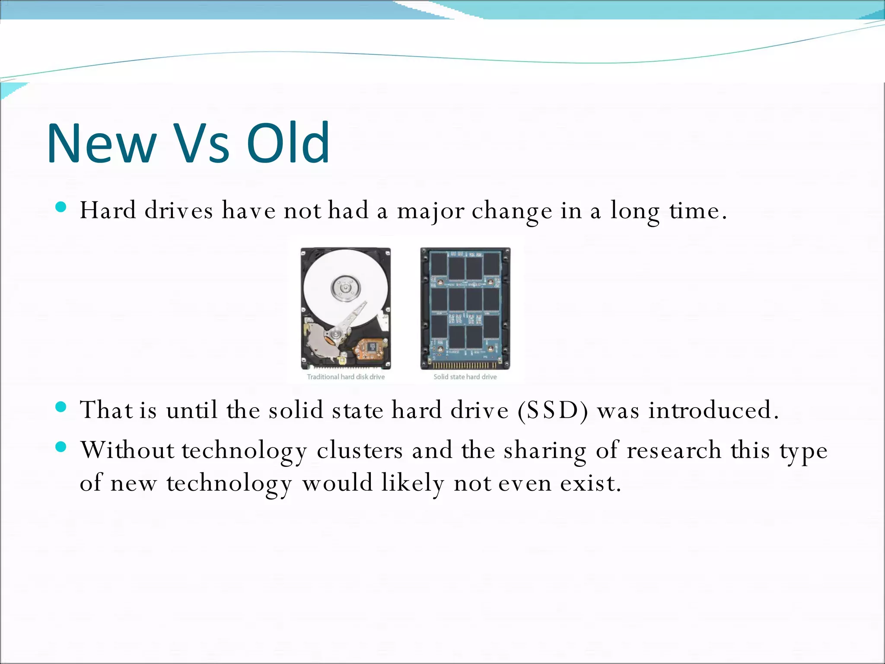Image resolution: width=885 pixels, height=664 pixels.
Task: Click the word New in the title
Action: click(x=102, y=144)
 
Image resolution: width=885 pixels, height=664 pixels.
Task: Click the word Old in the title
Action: click(x=288, y=144)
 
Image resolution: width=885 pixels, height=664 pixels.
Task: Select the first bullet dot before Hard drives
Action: click(x=61, y=207)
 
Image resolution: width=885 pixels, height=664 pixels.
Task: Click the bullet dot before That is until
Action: click(x=61, y=407)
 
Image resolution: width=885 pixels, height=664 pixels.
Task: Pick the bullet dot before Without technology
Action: click(x=61, y=447)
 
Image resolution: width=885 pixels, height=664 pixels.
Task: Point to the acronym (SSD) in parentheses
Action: click(x=553, y=410)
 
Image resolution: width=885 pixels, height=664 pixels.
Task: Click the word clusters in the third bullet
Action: click(x=360, y=450)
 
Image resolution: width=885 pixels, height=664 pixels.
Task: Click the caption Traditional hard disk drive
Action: click(x=346, y=377)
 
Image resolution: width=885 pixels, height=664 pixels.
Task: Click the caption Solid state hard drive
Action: click(x=465, y=377)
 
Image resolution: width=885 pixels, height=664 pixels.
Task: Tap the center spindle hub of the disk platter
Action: click(x=345, y=287)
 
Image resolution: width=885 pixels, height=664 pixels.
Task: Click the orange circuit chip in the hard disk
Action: click(x=371, y=347)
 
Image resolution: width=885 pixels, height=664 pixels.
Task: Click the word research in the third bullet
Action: click(x=674, y=450)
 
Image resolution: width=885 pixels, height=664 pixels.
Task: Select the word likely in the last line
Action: click(x=413, y=483)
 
